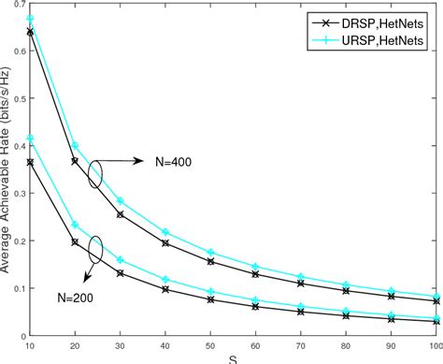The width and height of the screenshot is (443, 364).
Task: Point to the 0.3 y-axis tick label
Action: pyautogui.click(x=19, y=187)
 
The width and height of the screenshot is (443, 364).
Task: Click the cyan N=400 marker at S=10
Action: pyautogui.click(x=31, y=19)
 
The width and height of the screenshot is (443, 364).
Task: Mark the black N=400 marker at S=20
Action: pyautogui.click(x=76, y=161)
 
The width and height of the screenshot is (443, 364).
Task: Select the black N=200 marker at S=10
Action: pyautogui.click(x=31, y=162)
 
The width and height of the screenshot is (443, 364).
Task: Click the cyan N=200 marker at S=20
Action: pyautogui.click(x=76, y=225)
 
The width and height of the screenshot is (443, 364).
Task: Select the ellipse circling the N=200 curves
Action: pyautogui.click(x=93, y=250)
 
